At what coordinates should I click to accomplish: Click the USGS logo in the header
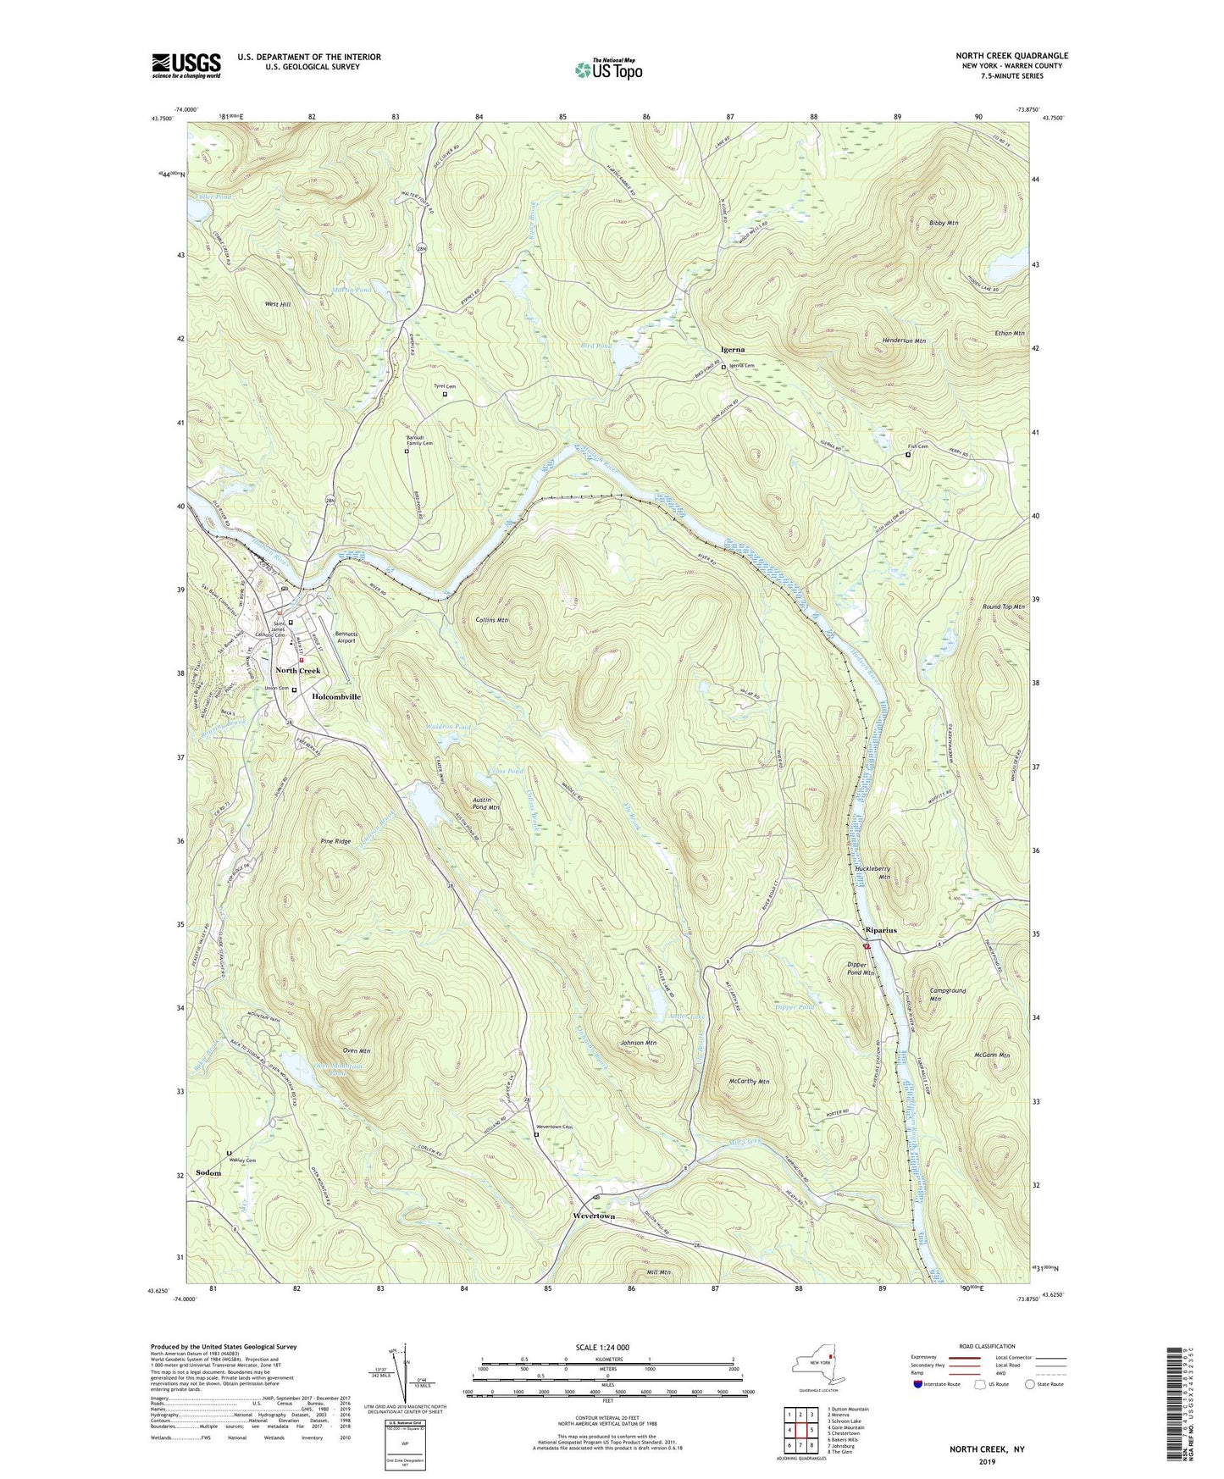point(186,65)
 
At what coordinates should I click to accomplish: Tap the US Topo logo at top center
point(607,69)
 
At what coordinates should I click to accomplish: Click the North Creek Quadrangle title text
point(1011,56)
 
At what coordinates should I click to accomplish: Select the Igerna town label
point(733,349)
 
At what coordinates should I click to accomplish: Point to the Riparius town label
point(880,930)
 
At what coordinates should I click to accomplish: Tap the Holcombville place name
point(336,696)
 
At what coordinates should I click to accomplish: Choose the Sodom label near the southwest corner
point(208,1173)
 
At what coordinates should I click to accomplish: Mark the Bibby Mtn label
point(943,223)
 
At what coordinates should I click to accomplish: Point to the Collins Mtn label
point(491,620)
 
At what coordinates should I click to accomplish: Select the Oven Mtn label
point(356,1050)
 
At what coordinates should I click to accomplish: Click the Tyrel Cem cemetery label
point(445,386)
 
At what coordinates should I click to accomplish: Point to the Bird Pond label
point(596,346)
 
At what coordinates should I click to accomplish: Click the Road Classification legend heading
point(987,1346)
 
